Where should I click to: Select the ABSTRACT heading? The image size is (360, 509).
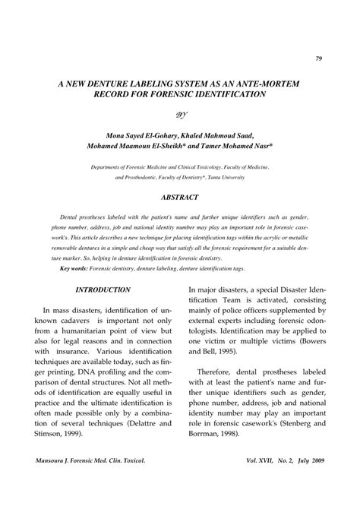click(x=180, y=197)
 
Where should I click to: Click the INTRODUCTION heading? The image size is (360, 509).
click(x=102, y=290)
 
